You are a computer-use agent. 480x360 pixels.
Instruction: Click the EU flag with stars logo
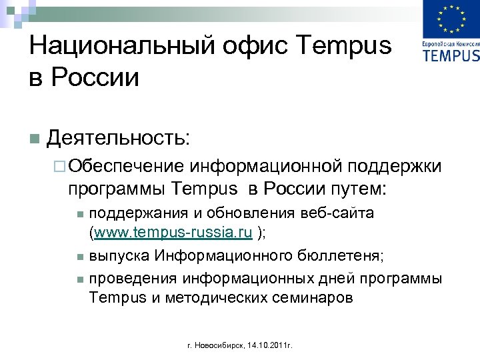[451, 20]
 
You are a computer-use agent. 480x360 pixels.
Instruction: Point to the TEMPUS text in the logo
[451, 54]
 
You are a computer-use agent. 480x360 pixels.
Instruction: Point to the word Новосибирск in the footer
[219, 346]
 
